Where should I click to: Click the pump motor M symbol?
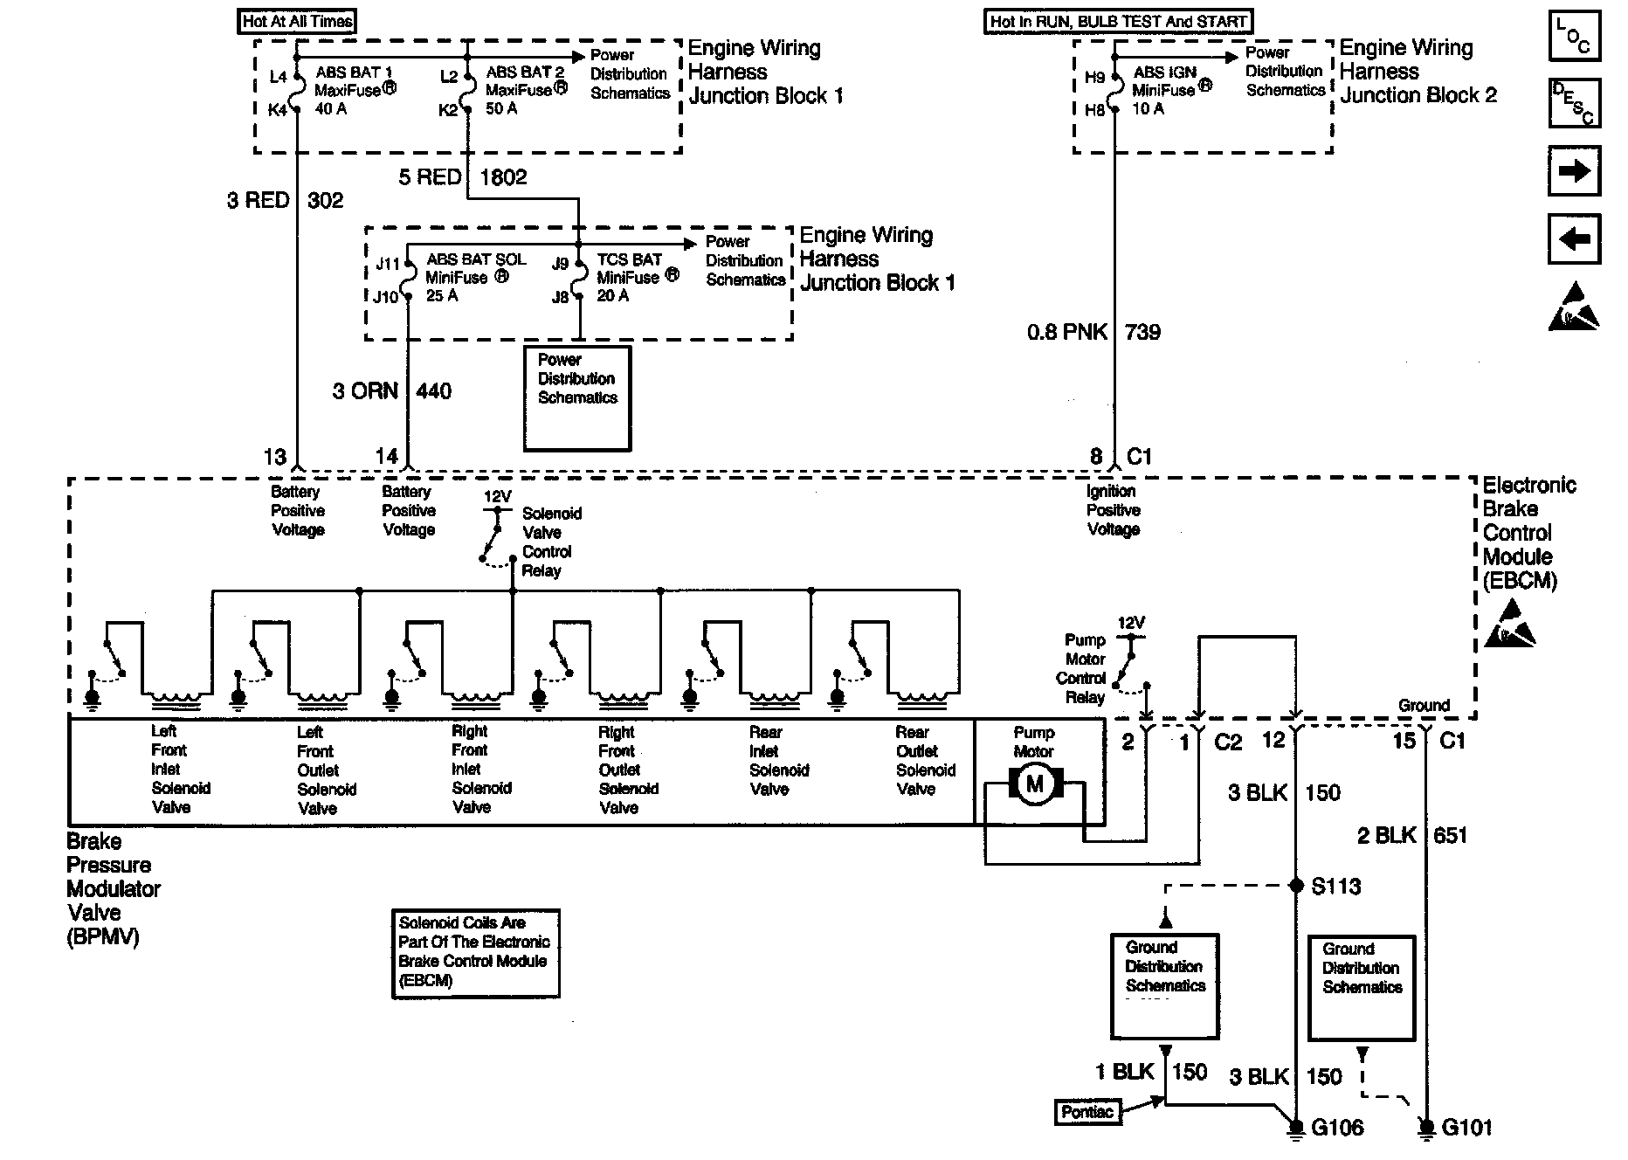coord(1035,784)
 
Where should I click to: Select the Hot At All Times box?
coord(297,21)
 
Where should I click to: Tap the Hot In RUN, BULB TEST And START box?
coord(1119,21)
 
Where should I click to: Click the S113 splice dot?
coord(1296,886)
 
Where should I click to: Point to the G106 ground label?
coord(1337,1128)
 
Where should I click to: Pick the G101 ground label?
coord(1466,1128)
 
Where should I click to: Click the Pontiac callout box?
coord(1087,1112)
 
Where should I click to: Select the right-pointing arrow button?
coord(1575,170)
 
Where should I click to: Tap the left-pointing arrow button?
coord(1575,238)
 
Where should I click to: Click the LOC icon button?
coord(1575,36)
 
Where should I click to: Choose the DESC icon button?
coord(1575,103)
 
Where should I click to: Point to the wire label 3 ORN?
coord(365,390)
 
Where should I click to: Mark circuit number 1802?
coord(504,177)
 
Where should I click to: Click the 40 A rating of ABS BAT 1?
coord(330,109)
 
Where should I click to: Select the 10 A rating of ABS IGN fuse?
coord(1148,109)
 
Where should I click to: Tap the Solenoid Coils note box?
coord(475,953)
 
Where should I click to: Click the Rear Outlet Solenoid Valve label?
coord(926,761)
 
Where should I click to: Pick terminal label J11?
coord(387,264)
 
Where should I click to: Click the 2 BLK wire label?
coord(1386,836)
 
